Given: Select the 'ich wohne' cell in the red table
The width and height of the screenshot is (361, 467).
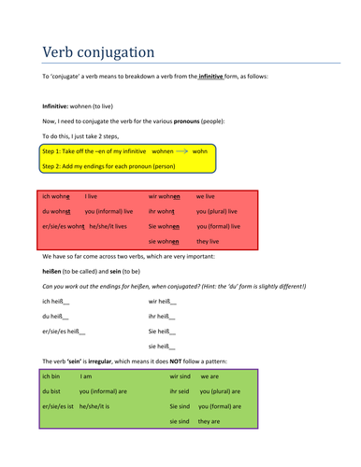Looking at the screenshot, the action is click(56, 197).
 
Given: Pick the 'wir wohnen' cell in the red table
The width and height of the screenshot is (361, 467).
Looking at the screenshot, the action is click(164, 197).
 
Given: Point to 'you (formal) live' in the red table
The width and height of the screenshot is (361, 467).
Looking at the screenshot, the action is click(218, 226).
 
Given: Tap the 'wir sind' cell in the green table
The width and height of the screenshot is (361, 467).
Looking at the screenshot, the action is click(180, 376).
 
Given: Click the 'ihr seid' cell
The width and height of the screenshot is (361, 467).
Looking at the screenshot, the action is click(180, 391).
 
